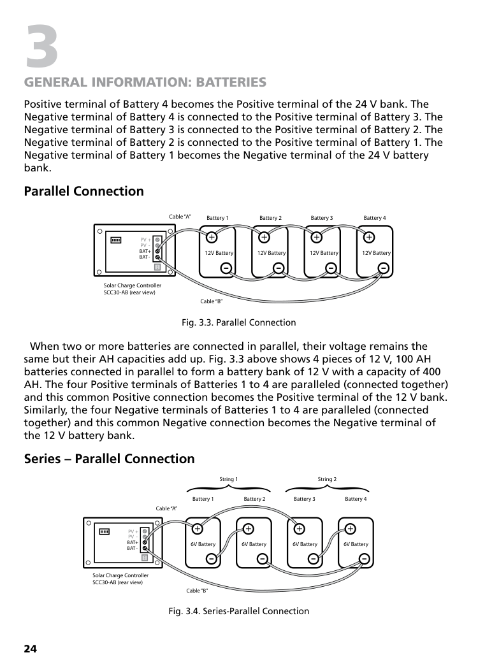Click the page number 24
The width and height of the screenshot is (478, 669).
pyautogui.click(x=31, y=649)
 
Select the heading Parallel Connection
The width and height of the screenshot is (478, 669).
pyautogui.click(x=83, y=191)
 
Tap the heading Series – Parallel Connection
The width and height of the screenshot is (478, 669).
pyautogui.click(x=109, y=459)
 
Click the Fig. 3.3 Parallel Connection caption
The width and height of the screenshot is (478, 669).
pyautogui.click(x=238, y=322)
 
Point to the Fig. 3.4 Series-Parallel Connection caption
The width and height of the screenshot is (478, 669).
pyautogui.click(x=238, y=611)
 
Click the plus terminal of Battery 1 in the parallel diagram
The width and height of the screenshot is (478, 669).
pyautogui.click(x=212, y=237)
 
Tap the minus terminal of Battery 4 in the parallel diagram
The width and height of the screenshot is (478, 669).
pyautogui.click(x=383, y=268)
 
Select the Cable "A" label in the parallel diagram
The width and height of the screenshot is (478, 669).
pyautogui.click(x=180, y=217)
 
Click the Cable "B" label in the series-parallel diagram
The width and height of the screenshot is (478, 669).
pyautogui.click(x=197, y=591)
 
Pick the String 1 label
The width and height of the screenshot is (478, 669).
pyautogui.click(x=228, y=479)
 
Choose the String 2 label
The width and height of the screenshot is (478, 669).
pyautogui.click(x=327, y=479)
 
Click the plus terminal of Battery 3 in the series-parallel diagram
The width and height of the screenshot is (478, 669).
pyautogui.click(x=299, y=529)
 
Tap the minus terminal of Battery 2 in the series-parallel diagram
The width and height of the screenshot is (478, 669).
pyautogui.click(x=263, y=559)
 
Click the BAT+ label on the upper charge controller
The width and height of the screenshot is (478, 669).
pyautogui.click(x=145, y=251)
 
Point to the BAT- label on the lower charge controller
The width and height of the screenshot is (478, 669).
pyautogui.click(x=132, y=548)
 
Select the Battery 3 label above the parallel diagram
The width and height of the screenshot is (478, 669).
pyautogui.click(x=322, y=218)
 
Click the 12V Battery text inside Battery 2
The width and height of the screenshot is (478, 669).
pyautogui.click(x=272, y=253)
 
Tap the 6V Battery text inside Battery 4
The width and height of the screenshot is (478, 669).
pyautogui.click(x=356, y=544)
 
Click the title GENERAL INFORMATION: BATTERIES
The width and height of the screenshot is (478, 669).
pyautogui.click(x=145, y=82)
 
